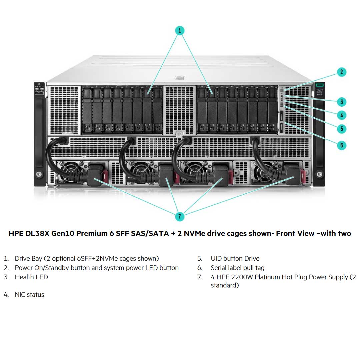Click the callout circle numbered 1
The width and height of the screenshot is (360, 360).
pos(180,31)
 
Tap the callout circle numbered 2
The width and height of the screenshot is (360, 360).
pos(341,72)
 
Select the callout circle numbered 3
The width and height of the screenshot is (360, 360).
pos(341,102)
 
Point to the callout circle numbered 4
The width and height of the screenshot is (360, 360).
pos(341,115)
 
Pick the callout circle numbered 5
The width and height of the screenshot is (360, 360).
pos(341,129)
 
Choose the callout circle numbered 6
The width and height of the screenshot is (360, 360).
pos(341,145)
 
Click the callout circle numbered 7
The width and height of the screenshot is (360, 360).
pos(180,216)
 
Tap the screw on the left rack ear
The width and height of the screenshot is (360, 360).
pos(39,174)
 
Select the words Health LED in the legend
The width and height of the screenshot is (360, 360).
pos(31,277)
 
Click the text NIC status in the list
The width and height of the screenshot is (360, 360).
pos(29,295)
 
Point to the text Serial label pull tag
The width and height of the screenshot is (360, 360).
pos(237,268)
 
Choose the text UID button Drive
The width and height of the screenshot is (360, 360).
pos(235,258)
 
